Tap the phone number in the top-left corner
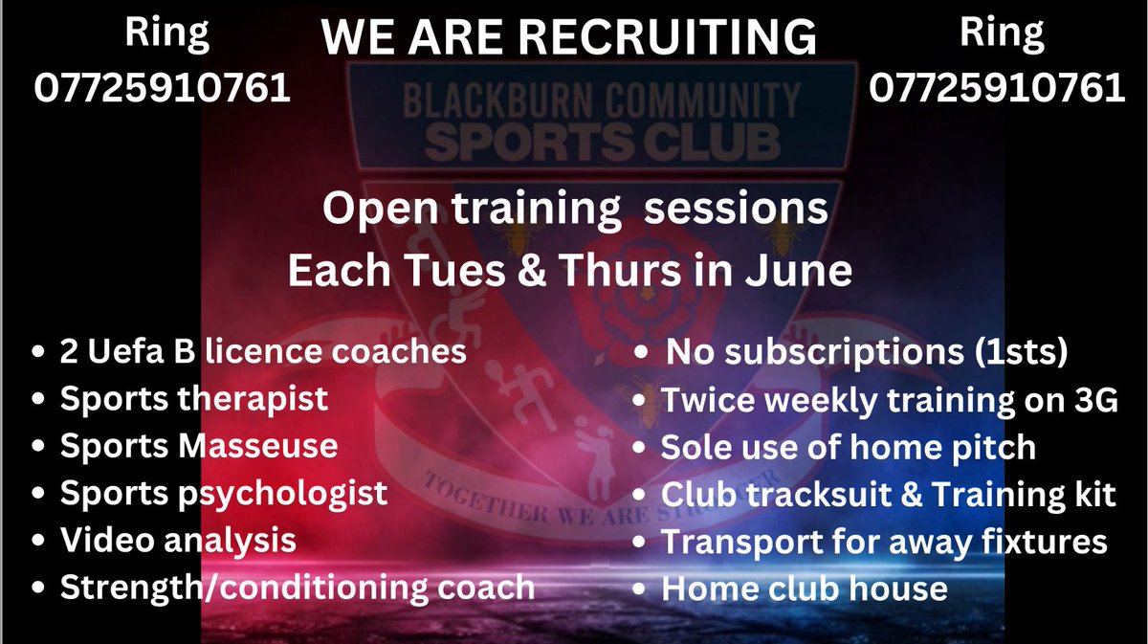163,89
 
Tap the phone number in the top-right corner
997,89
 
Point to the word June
803,271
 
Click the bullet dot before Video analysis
37,542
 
